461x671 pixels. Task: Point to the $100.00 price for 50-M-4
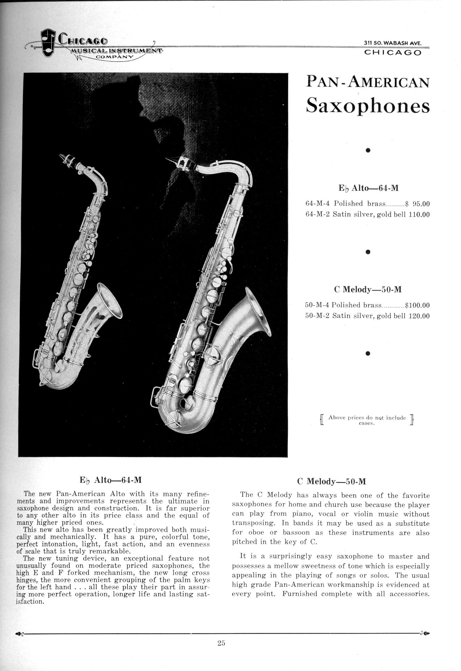click(x=417, y=305)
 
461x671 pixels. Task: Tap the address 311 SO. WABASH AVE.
click(x=392, y=43)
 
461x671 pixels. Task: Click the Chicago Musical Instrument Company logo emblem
click(x=47, y=43)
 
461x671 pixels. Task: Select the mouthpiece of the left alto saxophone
click(x=66, y=159)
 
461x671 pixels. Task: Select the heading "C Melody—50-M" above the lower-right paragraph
click(x=331, y=482)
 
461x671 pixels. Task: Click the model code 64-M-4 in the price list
click(x=318, y=204)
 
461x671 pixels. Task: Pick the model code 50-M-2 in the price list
click(x=317, y=316)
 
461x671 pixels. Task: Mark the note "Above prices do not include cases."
click(x=367, y=420)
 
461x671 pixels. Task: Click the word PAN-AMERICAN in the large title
click(x=368, y=82)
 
